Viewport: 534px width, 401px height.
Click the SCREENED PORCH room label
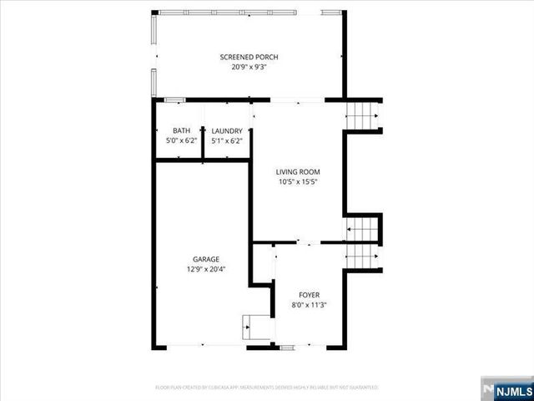coord(249,57)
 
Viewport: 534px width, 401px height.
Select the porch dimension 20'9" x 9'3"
coord(249,67)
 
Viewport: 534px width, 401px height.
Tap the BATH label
coord(181,131)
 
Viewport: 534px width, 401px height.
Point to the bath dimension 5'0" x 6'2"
coord(181,140)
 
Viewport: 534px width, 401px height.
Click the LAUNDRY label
coord(227,131)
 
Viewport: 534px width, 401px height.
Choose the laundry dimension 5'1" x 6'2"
coord(227,140)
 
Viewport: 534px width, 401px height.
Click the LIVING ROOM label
coord(298,171)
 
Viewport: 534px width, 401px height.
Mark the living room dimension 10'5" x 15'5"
coord(298,181)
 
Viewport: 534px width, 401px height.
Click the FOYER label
coord(309,295)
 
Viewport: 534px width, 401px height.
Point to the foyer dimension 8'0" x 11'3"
coord(309,305)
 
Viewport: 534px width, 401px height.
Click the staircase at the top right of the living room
coord(362,115)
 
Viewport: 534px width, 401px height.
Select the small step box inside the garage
coord(254,327)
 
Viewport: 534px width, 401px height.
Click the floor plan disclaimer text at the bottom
coord(266,388)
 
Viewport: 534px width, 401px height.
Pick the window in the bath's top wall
coord(174,100)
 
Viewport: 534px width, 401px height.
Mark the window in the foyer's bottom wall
coord(288,346)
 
